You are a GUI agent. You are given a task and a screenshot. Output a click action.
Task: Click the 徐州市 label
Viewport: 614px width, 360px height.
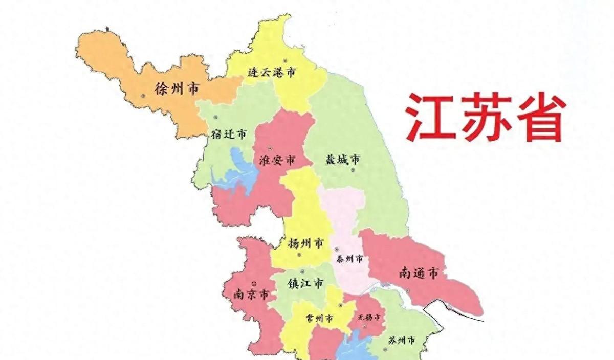click(x=177, y=89)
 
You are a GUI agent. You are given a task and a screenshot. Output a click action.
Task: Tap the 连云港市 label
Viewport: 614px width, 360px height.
click(x=271, y=73)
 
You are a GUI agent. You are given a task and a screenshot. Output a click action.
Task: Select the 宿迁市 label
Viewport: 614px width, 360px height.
click(x=229, y=134)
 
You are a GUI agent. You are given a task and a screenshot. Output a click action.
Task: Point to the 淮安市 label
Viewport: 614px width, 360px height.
click(x=277, y=161)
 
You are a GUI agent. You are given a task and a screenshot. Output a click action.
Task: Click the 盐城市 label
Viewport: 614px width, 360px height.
click(x=342, y=160)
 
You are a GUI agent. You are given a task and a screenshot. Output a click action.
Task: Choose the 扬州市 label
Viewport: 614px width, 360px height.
click(x=305, y=243)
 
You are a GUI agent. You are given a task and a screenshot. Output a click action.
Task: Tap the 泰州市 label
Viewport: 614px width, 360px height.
click(x=349, y=259)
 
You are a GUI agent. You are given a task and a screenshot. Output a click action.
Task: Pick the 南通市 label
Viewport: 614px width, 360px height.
click(x=419, y=274)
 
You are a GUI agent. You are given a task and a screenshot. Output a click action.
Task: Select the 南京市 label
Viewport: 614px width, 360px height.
click(x=251, y=295)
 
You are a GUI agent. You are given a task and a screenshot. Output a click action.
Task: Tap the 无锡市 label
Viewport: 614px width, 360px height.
click(x=368, y=317)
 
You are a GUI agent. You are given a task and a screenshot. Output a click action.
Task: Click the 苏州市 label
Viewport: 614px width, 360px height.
click(x=401, y=341)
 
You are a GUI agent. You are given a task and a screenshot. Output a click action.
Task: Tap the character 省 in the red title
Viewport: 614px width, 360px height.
click(x=540, y=117)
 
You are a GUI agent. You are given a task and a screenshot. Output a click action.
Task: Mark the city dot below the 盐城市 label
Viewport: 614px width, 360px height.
click(x=353, y=169)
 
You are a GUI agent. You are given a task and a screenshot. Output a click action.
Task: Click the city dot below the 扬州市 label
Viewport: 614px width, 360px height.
click(x=300, y=255)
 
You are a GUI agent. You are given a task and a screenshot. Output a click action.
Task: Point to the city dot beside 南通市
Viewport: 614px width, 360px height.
click(x=408, y=291)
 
